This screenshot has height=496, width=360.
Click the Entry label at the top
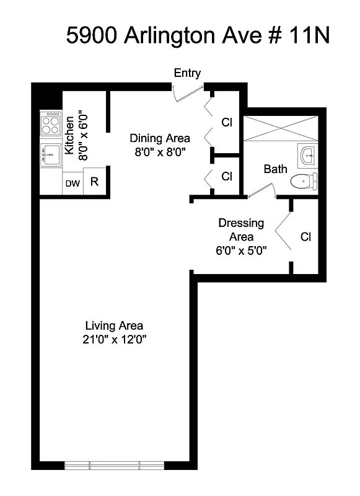[187, 73]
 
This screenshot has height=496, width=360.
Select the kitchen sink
[50, 153]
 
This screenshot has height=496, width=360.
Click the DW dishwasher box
[72, 183]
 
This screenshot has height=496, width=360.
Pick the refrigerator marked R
[94, 182]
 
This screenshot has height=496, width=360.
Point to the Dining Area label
[159, 138]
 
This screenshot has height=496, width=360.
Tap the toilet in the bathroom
[304, 182]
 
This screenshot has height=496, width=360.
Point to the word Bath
[275, 169]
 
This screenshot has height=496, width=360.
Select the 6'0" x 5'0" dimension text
[241, 251]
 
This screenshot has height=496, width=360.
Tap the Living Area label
[114, 325]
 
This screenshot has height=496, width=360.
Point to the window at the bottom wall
[114, 465]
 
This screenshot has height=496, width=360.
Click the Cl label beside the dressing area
[305, 237]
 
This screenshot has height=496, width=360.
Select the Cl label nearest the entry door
[227, 122]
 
